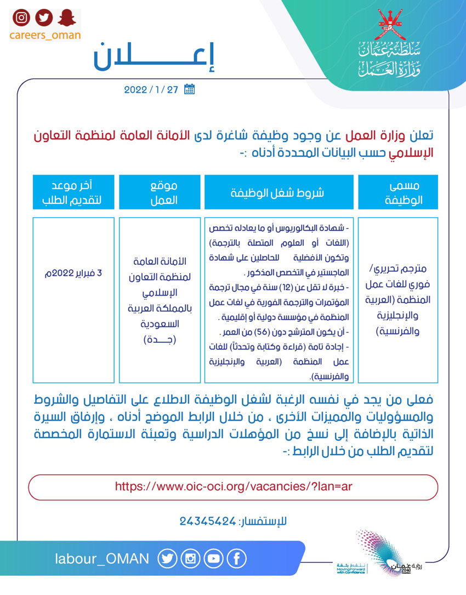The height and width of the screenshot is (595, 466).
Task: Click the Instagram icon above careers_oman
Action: (21, 18)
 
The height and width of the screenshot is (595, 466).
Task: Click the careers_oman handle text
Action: (45, 35)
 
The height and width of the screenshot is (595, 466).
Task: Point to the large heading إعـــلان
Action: (155, 58)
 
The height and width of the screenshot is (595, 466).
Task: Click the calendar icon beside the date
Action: (189, 89)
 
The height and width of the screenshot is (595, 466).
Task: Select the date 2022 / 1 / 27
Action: (151, 90)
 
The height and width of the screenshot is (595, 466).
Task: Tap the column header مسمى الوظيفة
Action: (398, 192)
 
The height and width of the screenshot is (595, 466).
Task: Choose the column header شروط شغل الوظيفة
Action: (280, 192)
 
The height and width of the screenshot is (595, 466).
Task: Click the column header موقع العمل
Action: (160, 192)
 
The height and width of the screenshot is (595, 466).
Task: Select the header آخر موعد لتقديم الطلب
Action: (73, 192)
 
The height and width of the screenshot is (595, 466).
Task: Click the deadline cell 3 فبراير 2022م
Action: (73, 273)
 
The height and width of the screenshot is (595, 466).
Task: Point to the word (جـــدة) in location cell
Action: (160, 339)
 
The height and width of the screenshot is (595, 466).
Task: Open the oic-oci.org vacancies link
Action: (233, 486)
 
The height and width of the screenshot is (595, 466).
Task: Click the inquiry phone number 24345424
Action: (207, 521)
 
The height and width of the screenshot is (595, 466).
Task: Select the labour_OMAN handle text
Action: (102, 559)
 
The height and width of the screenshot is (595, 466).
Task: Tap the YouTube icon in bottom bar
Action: (213, 559)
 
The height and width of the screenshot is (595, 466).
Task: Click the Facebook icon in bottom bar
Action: (236, 559)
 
